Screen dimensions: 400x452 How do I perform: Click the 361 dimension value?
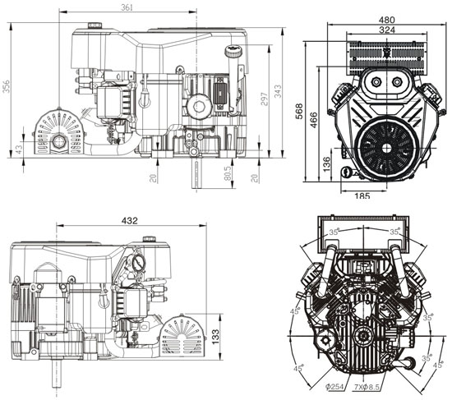pos(127,7)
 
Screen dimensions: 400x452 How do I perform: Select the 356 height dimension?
pos(7,87)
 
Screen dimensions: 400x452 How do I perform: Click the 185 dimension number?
pos(361,195)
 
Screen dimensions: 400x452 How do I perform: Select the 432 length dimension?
pos(128,221)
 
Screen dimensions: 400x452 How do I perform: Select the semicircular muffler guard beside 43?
pos(58,131)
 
